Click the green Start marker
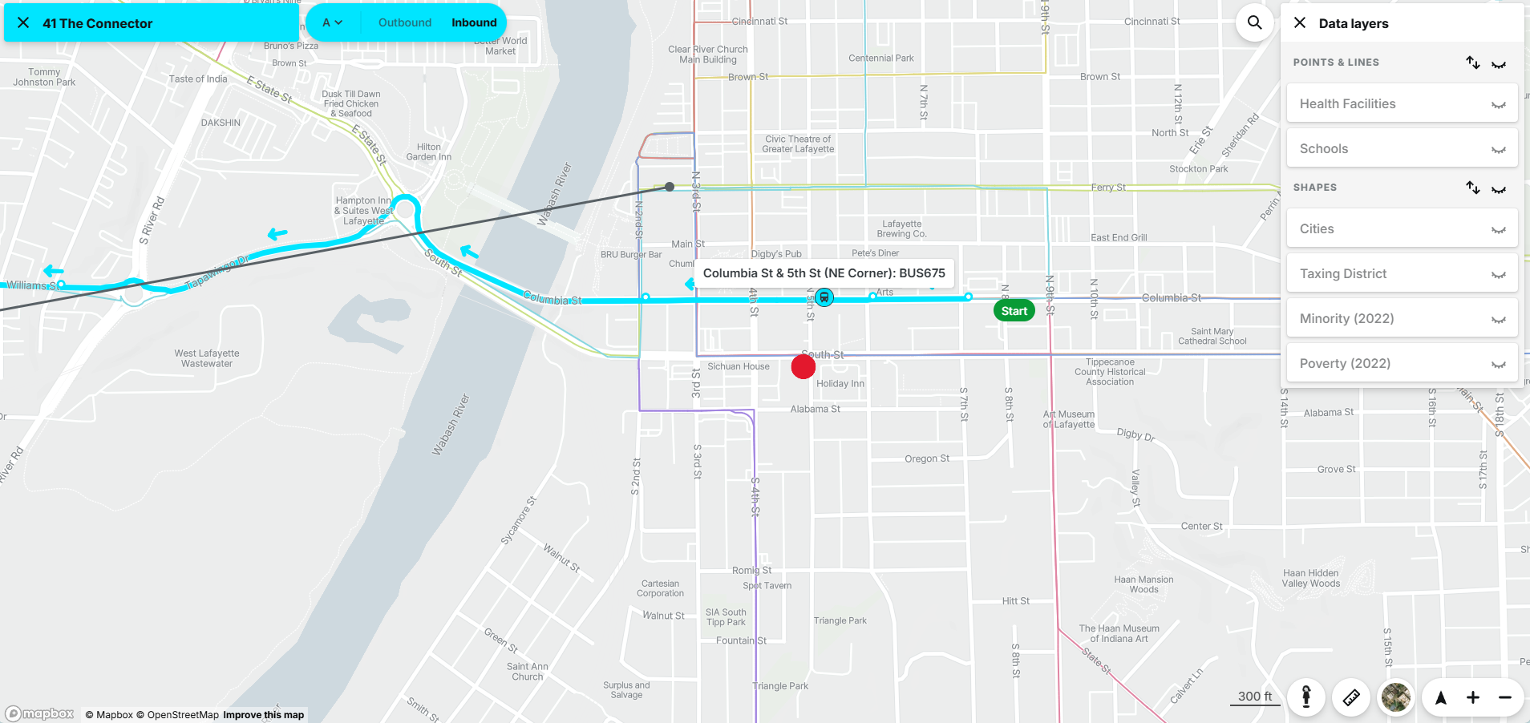[x=1014, y=311]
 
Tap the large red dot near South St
[x=803, y=366]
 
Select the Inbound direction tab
[x=474, y=23]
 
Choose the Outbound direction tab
[x=405, y=23]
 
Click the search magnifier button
[x=1254, y=23]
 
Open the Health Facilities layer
[x=1401, y=104]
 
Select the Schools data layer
[x=1401, y=149]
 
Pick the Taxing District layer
[x=1401, y=274]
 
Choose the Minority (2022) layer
[x=1401, y=319]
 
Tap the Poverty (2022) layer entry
[x=1401, y=364]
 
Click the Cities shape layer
[x=1401, y=229]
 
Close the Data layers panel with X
[x=1300, y=23]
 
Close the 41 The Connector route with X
[x=23, y=23]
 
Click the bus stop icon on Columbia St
[x=824, y=298]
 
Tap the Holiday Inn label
[x=840, y=384]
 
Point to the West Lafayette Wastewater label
[x=207, y=358]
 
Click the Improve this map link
[x=263, y=715]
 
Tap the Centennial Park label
[x=880, y=59]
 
